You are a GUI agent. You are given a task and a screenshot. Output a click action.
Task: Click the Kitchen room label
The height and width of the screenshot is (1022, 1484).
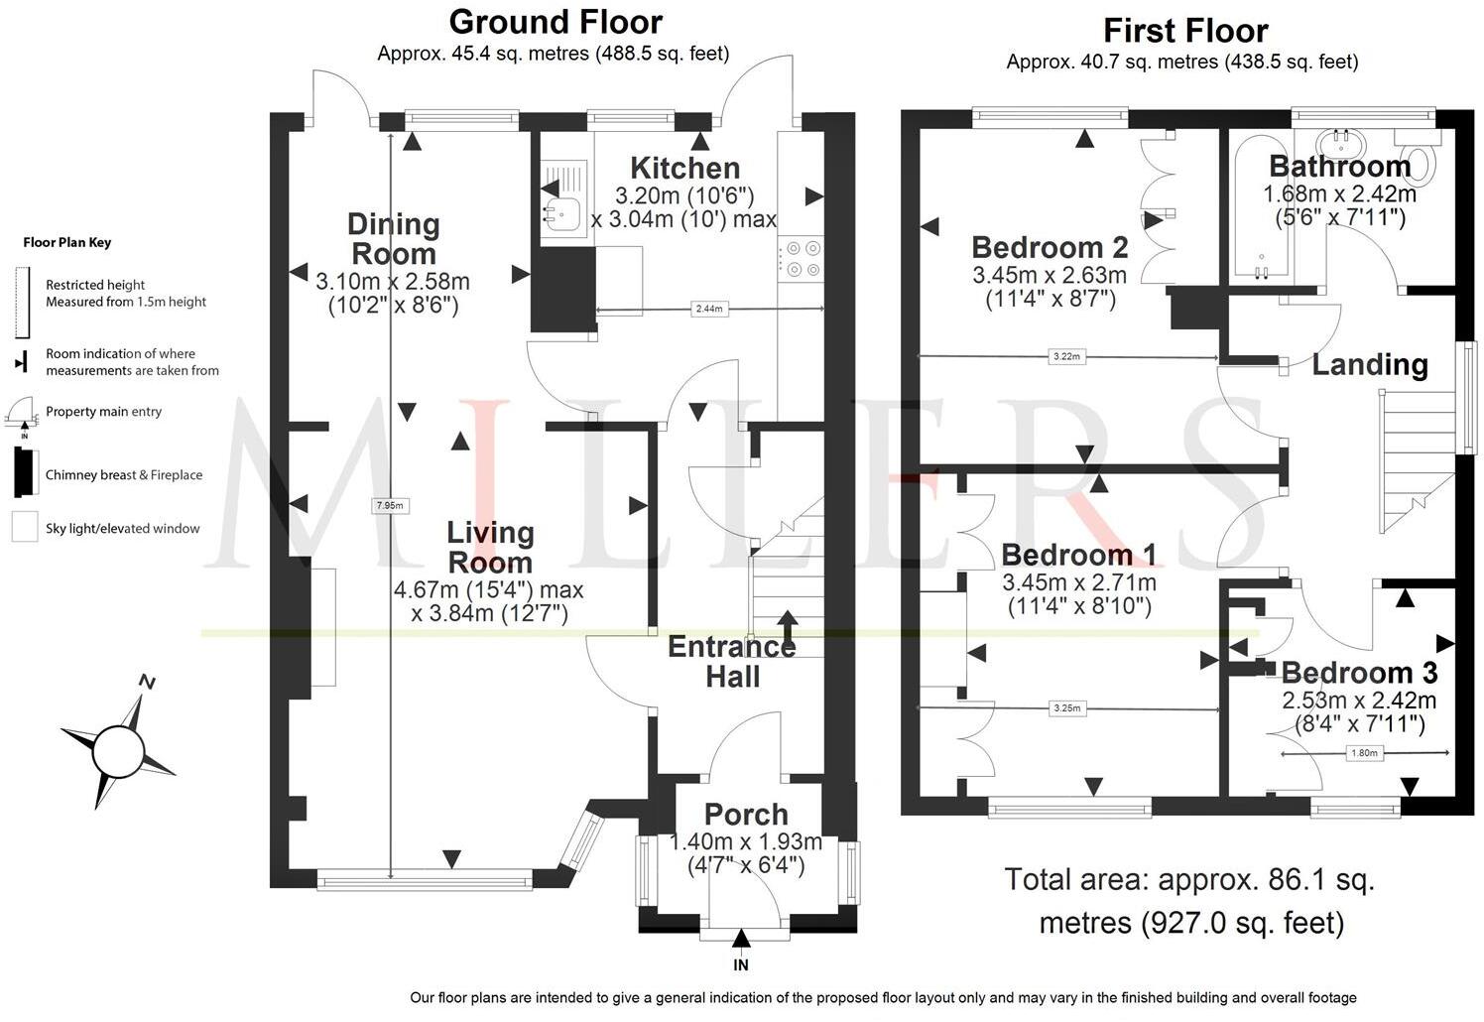click(684, 168)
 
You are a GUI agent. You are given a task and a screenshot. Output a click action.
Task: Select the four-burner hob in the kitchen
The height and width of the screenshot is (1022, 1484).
click(801, 257)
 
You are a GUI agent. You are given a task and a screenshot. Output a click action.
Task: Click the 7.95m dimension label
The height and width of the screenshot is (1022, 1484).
click(390, 505)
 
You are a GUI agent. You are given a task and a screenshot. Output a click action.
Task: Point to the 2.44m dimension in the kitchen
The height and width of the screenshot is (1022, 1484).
click(708, 309)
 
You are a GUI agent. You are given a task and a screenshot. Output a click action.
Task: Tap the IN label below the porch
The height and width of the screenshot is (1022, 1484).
click(741, 964)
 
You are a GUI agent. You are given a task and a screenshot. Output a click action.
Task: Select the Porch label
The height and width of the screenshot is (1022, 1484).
click(746, 814)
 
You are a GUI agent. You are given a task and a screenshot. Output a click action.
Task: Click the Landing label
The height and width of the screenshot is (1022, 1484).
click(1370, 364)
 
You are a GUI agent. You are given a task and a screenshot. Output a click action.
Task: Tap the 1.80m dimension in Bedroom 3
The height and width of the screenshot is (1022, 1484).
click(1364, 753)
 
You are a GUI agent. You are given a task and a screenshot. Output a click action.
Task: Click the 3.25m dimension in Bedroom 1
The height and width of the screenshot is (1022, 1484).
click(1067, 708)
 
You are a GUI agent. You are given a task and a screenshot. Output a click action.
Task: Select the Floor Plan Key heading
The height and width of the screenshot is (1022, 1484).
click(67, 242)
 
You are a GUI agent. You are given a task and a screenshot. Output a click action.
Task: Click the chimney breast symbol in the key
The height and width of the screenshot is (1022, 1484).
click(24, 471)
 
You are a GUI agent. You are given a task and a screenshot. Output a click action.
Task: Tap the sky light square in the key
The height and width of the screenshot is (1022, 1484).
click(25, 527)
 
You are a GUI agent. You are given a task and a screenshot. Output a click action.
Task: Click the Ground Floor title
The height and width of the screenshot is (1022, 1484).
click(556, 22)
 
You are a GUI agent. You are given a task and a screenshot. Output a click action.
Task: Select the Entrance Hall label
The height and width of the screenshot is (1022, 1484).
click(731, 662)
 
